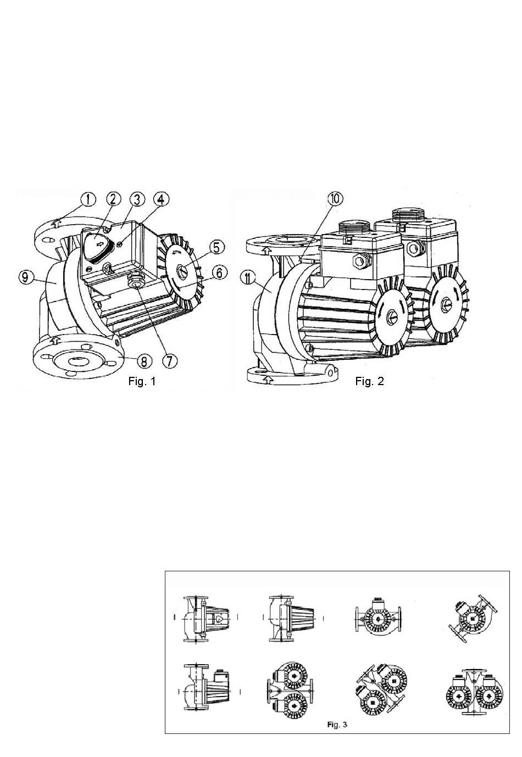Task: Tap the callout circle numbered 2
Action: coord(113,199)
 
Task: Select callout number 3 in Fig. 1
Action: coord(137,199)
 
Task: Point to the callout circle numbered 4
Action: coord(161,199)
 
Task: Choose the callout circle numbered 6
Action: coord(220,272)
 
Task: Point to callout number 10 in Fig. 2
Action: coord(335,199)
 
